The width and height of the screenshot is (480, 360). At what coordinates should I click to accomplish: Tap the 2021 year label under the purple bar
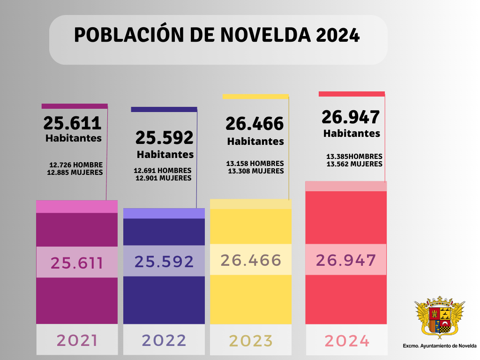tap(77, 340)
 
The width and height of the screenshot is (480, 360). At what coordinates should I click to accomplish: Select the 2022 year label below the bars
tap(164, 340)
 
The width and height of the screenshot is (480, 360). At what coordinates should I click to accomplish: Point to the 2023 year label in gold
tap(250, 340)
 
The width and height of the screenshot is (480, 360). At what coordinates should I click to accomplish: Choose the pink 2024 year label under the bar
tap(347, 341)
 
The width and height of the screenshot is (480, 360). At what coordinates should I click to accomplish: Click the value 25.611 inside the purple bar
tap(77, 263)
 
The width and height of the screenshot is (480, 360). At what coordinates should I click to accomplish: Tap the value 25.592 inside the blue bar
tap(164, 262)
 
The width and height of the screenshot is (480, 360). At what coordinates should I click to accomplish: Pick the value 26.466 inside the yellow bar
tap(251, 260)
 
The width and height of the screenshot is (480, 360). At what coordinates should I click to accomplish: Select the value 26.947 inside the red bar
tap(346, 260)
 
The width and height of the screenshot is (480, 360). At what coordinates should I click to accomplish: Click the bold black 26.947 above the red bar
tap(351, 117)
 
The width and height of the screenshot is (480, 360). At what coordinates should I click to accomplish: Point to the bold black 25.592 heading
tap(165, 138)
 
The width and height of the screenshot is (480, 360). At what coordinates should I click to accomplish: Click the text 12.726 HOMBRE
tap(76, 165)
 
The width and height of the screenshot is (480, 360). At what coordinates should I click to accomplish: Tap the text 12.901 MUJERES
tap(163, 178)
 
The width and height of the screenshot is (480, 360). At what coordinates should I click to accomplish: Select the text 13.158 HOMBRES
tap(255, 164)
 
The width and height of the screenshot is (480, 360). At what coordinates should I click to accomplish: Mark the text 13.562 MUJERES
tap(354, 164)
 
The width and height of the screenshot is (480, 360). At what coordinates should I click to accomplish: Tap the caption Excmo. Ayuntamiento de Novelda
tap(439, 346)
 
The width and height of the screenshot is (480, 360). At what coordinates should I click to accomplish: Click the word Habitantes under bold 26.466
tap(255, 141)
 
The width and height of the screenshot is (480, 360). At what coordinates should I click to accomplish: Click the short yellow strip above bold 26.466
tap(255, 97)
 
